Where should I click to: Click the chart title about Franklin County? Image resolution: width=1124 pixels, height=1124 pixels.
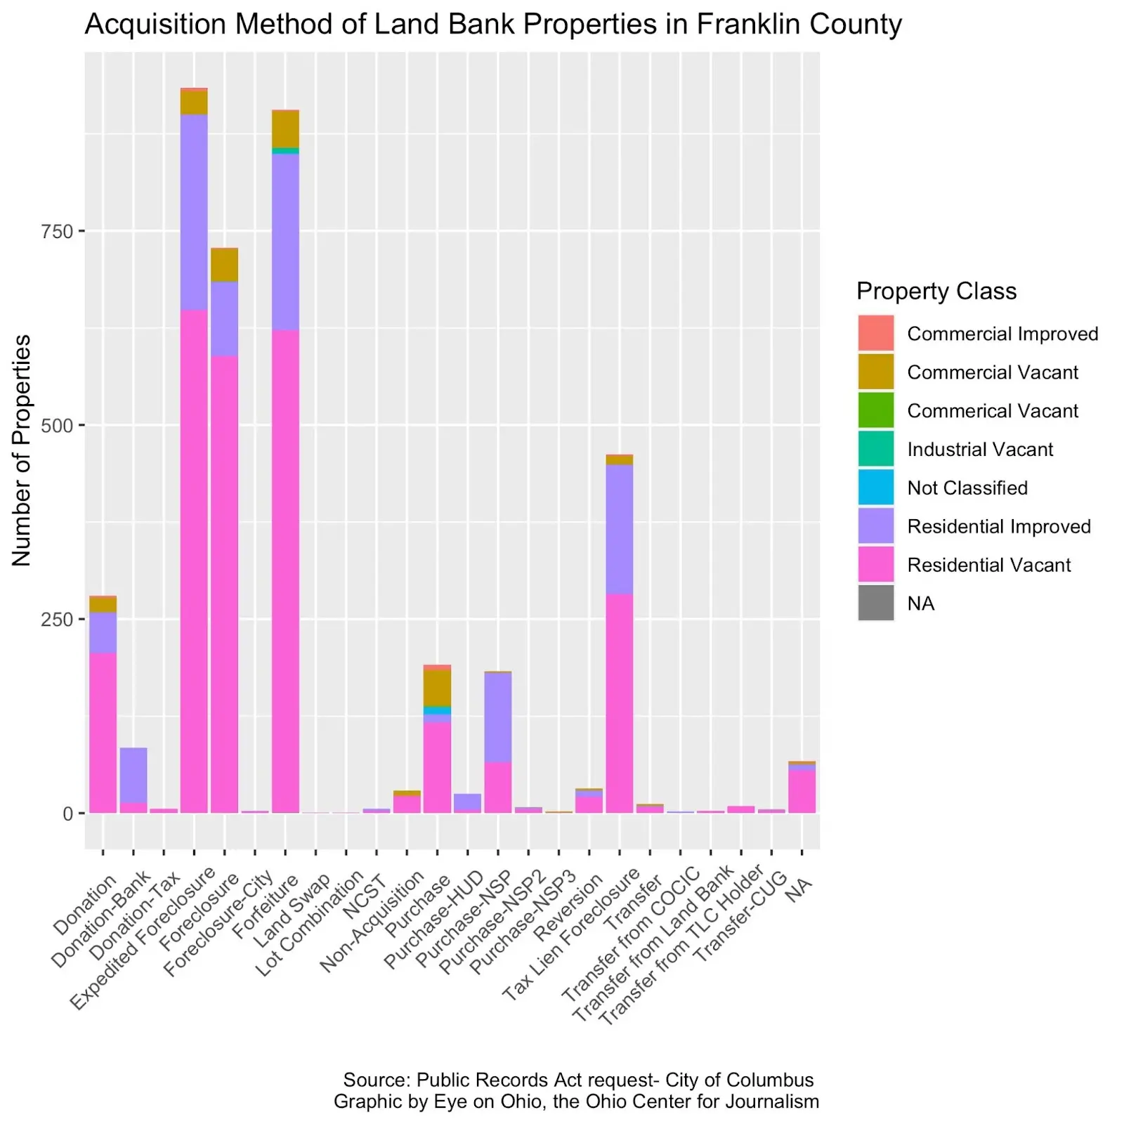pyautogui.click(x=492, y=25)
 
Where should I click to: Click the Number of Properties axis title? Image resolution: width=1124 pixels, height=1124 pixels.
pyautogui.click(x=22, y=450)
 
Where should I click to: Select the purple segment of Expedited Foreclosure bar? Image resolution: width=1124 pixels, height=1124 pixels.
pyautogui.click(x=194, y=211)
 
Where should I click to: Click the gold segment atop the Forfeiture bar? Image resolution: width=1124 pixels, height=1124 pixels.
pyautogui.click(x=285, y=129)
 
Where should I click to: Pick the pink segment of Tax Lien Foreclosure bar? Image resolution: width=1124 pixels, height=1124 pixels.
pyautogui.click(x=619, y=702)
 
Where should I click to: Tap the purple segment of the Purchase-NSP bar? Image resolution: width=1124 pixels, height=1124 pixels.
pyautogui.click(x=497, y=717)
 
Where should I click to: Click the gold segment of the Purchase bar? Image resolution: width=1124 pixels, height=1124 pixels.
pyautogui.click(x=437, y=687)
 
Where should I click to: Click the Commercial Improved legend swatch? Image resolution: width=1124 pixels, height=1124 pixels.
pyautogui.click(x=875, y=333)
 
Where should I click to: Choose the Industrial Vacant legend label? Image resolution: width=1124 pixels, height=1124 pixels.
pyautogui.click(x=979, y=450)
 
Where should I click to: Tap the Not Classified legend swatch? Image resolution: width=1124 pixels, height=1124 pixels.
pyautogui.click(x=875, y=488)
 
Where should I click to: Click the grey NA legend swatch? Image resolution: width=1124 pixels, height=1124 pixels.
pyautogui.click(x=875, y=603)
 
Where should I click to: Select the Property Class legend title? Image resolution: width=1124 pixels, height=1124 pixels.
pyautogui.click(x=936, y=291)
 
